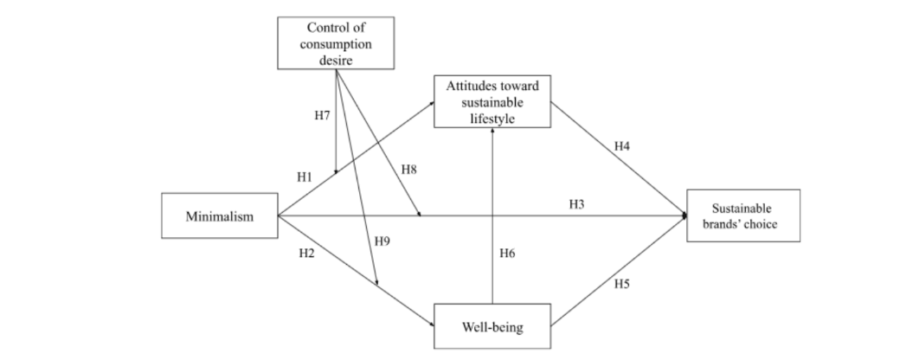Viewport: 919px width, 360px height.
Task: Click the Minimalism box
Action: coord(220,216)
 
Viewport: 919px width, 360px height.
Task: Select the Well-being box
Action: coord(492,328)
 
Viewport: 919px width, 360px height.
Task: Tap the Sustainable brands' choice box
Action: coord(742,215)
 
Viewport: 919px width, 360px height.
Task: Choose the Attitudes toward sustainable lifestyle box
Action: coord(492,102)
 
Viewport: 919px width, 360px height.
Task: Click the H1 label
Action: coord(305,177)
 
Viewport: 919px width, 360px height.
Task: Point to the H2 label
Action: coord(306,254)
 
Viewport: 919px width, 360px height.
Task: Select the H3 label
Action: coord(577,204)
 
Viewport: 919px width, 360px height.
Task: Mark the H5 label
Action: coord(621,283)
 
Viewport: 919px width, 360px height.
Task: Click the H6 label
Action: coord(508,254)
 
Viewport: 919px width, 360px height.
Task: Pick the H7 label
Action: coord(321,115)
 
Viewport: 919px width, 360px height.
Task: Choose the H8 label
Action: coord(408,170)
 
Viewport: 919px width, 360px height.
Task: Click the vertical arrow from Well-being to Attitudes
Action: coord(492,216)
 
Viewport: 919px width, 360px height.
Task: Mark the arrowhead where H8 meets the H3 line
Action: coord(419,215)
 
